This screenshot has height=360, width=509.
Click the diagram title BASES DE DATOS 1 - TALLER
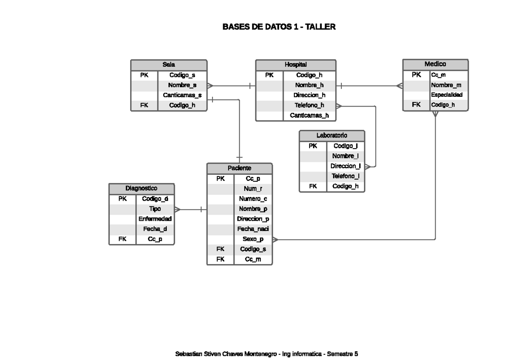(279, 27)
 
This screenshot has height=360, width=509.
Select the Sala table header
(169, 65)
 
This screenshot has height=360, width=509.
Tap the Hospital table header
(296, 65)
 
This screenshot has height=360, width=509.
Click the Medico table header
(435, 65)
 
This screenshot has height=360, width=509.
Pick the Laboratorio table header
(332, 135)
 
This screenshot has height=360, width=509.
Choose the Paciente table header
(239, 168)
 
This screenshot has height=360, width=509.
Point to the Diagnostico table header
(142, 188)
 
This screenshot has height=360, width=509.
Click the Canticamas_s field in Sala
(182, 95)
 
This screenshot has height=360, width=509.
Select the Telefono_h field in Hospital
(309, 105)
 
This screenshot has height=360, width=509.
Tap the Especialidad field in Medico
(447, 95)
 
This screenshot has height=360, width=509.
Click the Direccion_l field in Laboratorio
(345, 166)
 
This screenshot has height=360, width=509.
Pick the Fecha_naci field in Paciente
(253, 229)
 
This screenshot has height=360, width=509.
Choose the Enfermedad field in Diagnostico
(155, 219)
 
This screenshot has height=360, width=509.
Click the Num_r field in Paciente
(253, 188)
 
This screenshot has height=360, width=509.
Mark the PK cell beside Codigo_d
(123, 199)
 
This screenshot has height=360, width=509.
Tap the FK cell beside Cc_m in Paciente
(220, 259)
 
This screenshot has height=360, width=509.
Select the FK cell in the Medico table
(416, 105)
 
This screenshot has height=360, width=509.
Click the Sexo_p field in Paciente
(253, 239)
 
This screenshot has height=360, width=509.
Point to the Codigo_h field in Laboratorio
(345, 186)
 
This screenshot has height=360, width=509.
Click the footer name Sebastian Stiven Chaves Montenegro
(226, 354)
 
